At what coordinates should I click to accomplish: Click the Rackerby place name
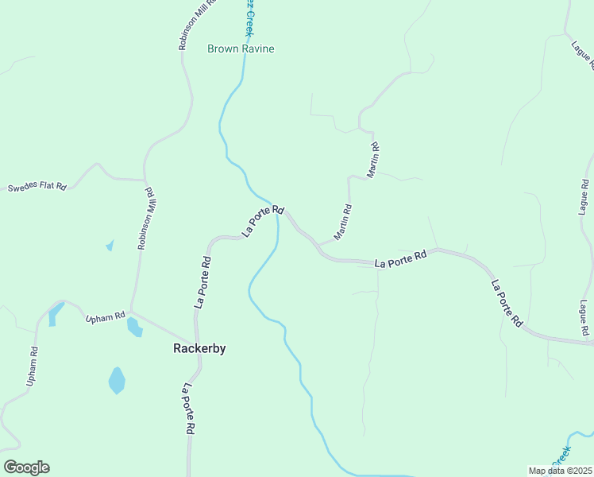click(x=199, y=348)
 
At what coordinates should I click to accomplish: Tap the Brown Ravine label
click(x=241, y=48)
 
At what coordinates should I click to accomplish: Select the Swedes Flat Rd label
click(x=37, y=187)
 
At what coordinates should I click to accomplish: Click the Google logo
click(x=26, y=467)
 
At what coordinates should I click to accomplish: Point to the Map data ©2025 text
click(x=560, y=471)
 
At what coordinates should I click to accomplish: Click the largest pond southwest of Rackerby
click(x=117, y=381)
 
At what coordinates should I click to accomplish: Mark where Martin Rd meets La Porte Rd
click(x=319, y=244)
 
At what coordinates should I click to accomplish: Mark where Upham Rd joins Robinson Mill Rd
click(x=132, y=312)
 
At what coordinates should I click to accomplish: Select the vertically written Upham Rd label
click(x=33, y=366)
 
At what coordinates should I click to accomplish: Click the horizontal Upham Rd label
click(x=106, y=316)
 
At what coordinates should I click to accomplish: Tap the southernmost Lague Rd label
click(x=584, y=317)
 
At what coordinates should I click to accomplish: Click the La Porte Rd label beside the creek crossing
click(x=263, y=220)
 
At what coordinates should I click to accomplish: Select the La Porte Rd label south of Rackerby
click(x=188, y=409)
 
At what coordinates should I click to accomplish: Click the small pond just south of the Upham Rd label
click(x=134, y=327)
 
